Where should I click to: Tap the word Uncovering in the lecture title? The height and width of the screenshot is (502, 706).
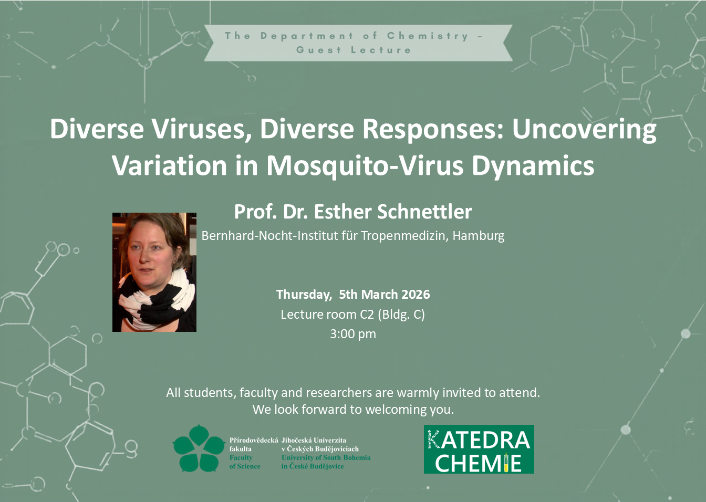pos(584,130)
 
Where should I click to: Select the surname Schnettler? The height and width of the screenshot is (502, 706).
pos(424,212)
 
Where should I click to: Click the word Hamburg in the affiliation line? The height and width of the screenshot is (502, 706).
pos(478,236)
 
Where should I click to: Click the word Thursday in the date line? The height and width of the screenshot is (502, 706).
pos(304,295)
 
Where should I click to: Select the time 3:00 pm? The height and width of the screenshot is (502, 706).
pos(353,334)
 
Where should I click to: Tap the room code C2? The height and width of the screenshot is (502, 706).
pos(367,314)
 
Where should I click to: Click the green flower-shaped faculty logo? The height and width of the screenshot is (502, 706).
pos(199,448)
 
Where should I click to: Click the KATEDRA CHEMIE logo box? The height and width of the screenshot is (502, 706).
pos(479,449)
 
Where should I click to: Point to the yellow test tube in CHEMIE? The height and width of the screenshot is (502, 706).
pos(506,462)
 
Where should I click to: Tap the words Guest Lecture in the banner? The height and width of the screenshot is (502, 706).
pos(354,50)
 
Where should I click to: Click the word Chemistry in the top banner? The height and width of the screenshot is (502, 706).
pos(428,36)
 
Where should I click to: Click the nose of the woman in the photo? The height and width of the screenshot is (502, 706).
pos(144,257)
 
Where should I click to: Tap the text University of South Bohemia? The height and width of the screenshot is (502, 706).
pos(326,457)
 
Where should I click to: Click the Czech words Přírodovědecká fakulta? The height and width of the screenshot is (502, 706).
pos(253,444)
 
